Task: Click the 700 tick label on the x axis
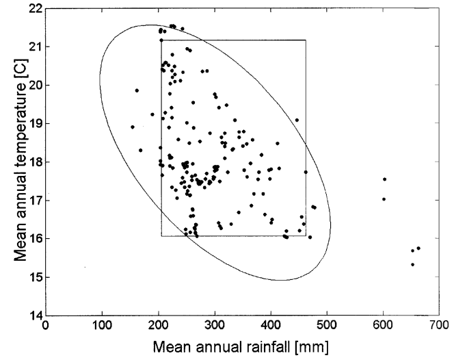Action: [439, 327]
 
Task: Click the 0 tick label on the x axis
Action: [46, 327]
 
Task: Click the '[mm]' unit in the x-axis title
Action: [312, 347]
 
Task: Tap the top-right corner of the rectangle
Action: [306, 40]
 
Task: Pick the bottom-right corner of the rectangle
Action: [306, 236]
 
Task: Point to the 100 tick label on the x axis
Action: [102, 327]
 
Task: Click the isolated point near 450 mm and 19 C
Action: [297, 120]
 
